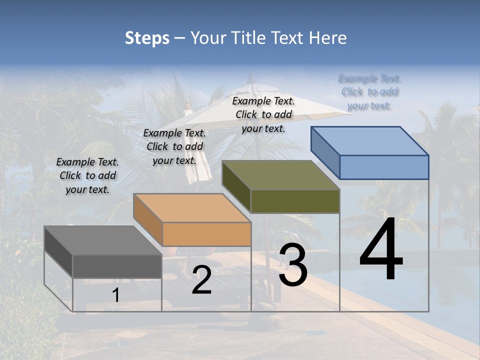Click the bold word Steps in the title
[147, 38]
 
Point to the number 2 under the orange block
[201, 280]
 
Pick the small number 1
[116, 295]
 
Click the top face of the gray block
[102, 240]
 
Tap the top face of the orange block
[192, 208]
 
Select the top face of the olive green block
[280, 175]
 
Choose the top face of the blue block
[369, 141]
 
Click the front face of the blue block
[384, 167]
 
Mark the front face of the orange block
[206, 234]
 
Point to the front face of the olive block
[295, 201]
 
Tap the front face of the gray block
[117, 266]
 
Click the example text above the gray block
[87, 176]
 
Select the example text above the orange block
[174, 147]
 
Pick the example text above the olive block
[263, 115]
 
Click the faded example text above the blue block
[369, 92]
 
